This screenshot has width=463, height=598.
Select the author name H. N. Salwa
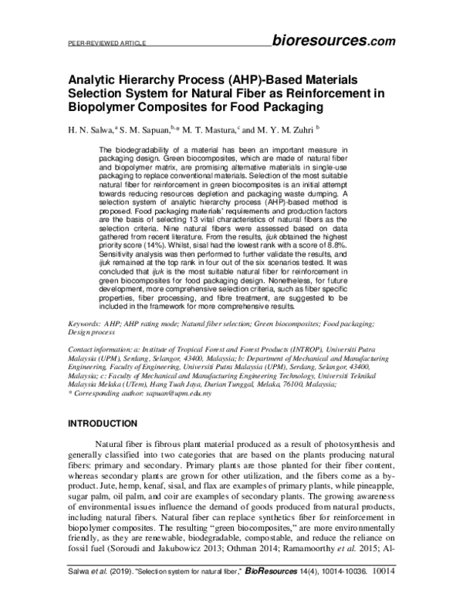point(90,131)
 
